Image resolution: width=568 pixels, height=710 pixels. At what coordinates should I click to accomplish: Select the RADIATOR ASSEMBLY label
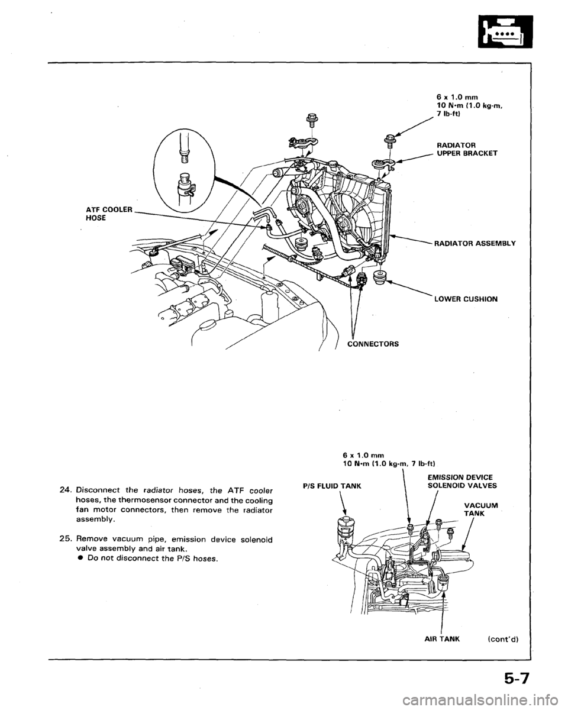[474, 241]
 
